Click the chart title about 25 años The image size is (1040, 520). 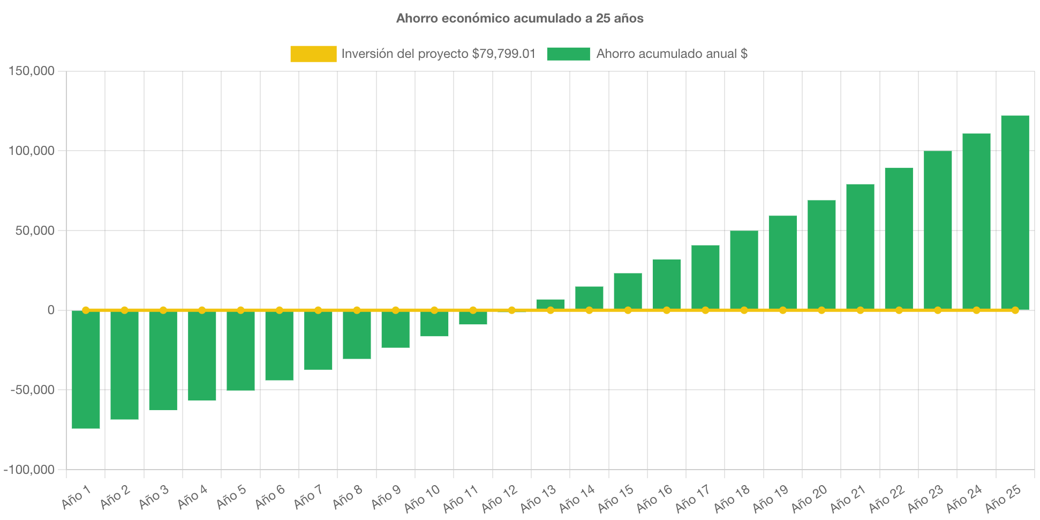click(519, 18)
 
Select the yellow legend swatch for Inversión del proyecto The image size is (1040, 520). click(313, 54)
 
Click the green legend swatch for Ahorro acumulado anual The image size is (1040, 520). click(568, 54)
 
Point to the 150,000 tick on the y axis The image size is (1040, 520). click(31, 71)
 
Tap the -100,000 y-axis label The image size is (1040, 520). click(29, 470)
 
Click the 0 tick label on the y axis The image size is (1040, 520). click(51, 310)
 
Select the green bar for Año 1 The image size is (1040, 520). click(86, 369)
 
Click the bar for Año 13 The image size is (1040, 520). click(551, 304)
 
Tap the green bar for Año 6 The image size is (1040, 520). click(279, 345)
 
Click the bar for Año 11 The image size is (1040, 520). click(473, 318)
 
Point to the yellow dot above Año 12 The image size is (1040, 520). click(511, 310)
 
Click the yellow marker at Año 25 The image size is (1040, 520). click(1015, 310)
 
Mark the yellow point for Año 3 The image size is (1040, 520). click(163, 310)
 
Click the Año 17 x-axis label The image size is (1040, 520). click(692, 498)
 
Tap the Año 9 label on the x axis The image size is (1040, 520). click(386, 497)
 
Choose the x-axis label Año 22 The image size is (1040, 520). click(886, 498)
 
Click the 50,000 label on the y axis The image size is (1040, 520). click(34, 231)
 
